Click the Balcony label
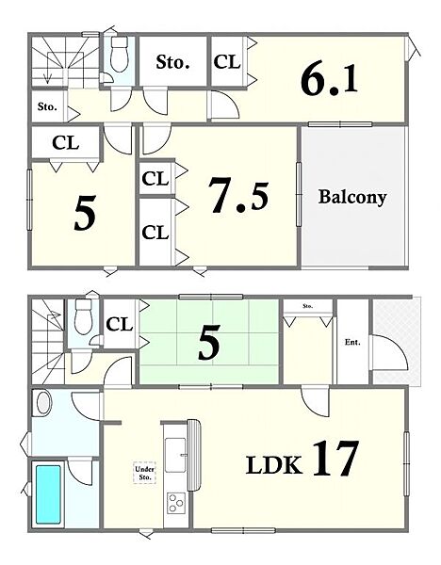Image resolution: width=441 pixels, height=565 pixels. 351,197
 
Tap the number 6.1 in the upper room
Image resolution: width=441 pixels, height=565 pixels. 329,80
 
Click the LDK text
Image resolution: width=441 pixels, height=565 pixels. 274,465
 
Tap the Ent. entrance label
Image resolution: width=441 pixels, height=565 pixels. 352,343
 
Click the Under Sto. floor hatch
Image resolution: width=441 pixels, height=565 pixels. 144,473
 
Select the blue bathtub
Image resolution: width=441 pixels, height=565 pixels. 48,494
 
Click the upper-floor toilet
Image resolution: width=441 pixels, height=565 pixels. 119,55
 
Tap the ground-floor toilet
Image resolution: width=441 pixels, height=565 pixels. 83,317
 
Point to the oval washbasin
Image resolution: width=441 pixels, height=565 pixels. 43,403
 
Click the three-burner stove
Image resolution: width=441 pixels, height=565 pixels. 176,503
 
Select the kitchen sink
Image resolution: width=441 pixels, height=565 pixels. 176,455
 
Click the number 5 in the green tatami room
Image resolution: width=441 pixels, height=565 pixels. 209,343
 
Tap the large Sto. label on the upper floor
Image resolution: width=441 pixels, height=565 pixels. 172,62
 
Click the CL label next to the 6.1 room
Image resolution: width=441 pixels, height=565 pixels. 227,61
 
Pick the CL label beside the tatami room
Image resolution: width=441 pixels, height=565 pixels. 120,324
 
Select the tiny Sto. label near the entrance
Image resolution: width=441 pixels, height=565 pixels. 307,306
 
